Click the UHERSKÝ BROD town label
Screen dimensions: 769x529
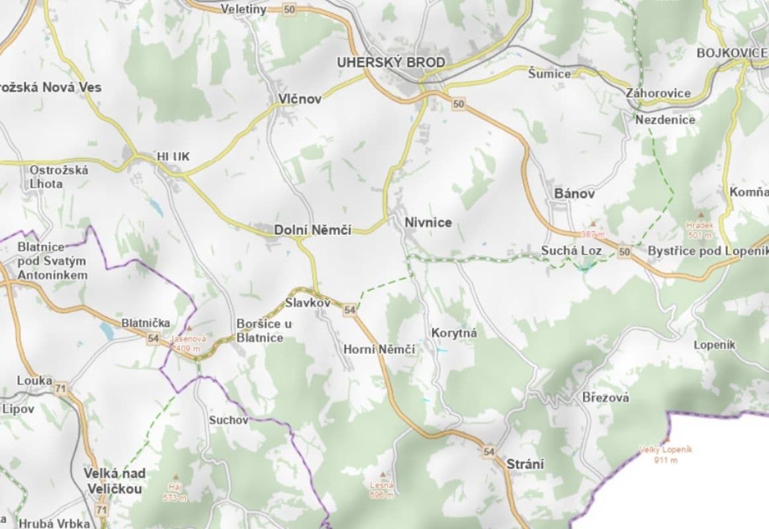[390, 63]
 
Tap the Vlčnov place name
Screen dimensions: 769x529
[300, 99]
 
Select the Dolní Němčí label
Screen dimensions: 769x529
[312, 230]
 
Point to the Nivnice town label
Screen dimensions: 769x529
[428, 223]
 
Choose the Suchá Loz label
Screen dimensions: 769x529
[571, 251]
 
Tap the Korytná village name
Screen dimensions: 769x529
[453, 333]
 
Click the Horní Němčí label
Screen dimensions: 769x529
[379, 349]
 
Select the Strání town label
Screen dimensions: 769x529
[525, 464]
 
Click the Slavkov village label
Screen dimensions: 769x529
[308, 303]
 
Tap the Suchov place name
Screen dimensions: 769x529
[228, 420]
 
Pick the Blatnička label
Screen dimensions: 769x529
[146, 323]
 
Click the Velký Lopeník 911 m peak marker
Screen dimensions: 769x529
[666, 439]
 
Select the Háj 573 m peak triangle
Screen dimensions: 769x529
[175, 477]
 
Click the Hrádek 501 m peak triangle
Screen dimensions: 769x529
[700, 216]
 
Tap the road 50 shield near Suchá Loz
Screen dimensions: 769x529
[624, 252]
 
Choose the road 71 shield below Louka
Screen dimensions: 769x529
[61, 389]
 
